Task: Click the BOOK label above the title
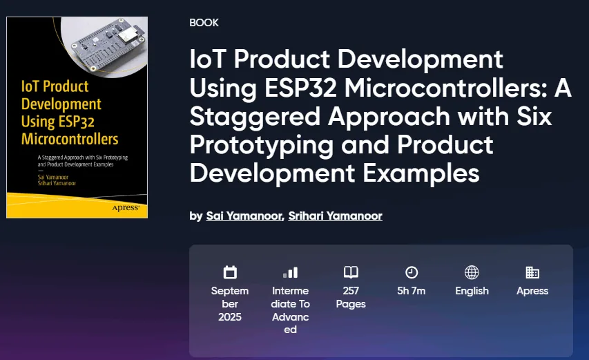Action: pos(204,23)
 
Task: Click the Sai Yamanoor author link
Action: pos(244,216)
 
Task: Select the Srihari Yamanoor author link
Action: pos(335,216)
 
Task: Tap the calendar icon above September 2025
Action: pos(230,272)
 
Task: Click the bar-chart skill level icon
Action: pos(291,272)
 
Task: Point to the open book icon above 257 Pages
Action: pos(351,272)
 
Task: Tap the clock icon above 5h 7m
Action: pos(412,272)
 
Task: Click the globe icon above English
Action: pos(472,272)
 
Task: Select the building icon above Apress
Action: pos(532,272)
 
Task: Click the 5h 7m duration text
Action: pos(412,291)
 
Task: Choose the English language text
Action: pos(472,291)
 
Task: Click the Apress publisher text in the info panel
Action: pos(532,291)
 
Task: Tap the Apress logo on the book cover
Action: pos(126,208)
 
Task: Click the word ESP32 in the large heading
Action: pos(300,88)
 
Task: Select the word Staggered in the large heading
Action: pos(255,117)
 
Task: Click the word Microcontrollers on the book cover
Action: pos(70,139)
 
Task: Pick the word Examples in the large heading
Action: pos(421,173)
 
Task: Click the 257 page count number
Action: pos(351,291)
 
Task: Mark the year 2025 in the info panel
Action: pos(230,317)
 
